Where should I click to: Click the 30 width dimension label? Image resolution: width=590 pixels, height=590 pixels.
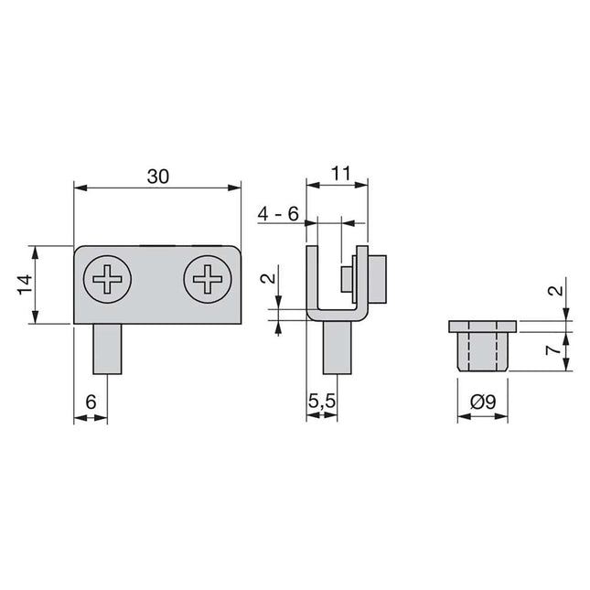point(157,177)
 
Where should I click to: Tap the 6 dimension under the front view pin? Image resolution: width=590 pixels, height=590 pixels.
point(91,401)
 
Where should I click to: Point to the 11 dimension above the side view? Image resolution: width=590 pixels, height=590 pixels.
point(341,173)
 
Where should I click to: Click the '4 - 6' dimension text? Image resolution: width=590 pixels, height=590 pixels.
point(278,213)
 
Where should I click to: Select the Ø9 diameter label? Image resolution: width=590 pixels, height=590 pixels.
point(481,401)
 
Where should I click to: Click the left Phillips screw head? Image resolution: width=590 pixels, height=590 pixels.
point(107,279)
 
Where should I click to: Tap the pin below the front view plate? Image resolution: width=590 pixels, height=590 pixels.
point(107,349)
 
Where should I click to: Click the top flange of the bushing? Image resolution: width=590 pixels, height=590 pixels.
point(482,327)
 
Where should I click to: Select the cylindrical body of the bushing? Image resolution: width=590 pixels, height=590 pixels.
point(482,351)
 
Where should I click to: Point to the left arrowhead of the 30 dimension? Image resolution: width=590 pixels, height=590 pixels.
point(78,189)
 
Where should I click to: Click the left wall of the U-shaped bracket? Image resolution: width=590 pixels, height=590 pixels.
point(312,279)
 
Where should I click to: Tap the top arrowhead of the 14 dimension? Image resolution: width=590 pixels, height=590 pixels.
point(35,249)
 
